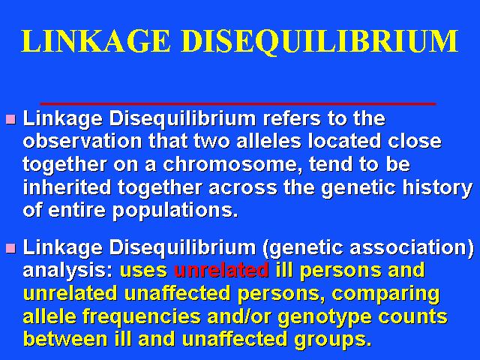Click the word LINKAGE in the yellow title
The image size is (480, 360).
96,41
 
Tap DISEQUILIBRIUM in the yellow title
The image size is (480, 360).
320,42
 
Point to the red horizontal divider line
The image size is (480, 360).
238,104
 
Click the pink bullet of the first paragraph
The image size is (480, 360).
10,118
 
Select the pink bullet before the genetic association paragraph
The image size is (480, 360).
10,248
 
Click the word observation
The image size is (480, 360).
82,141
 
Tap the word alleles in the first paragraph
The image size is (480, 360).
268,141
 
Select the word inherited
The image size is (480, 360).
67,187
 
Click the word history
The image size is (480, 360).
437,188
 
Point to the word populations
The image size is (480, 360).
175,211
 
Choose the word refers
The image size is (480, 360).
292,118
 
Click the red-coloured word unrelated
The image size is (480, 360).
221,270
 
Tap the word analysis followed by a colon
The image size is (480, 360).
68,271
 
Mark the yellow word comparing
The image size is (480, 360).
385,294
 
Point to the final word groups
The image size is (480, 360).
333,340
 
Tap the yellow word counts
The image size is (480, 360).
412,316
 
